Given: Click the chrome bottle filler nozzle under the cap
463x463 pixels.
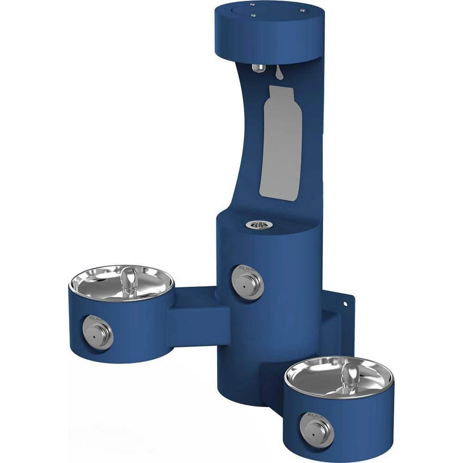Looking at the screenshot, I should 259,68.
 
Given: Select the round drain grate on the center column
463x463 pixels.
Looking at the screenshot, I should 259,225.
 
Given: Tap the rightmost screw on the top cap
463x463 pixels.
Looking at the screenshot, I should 302,10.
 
